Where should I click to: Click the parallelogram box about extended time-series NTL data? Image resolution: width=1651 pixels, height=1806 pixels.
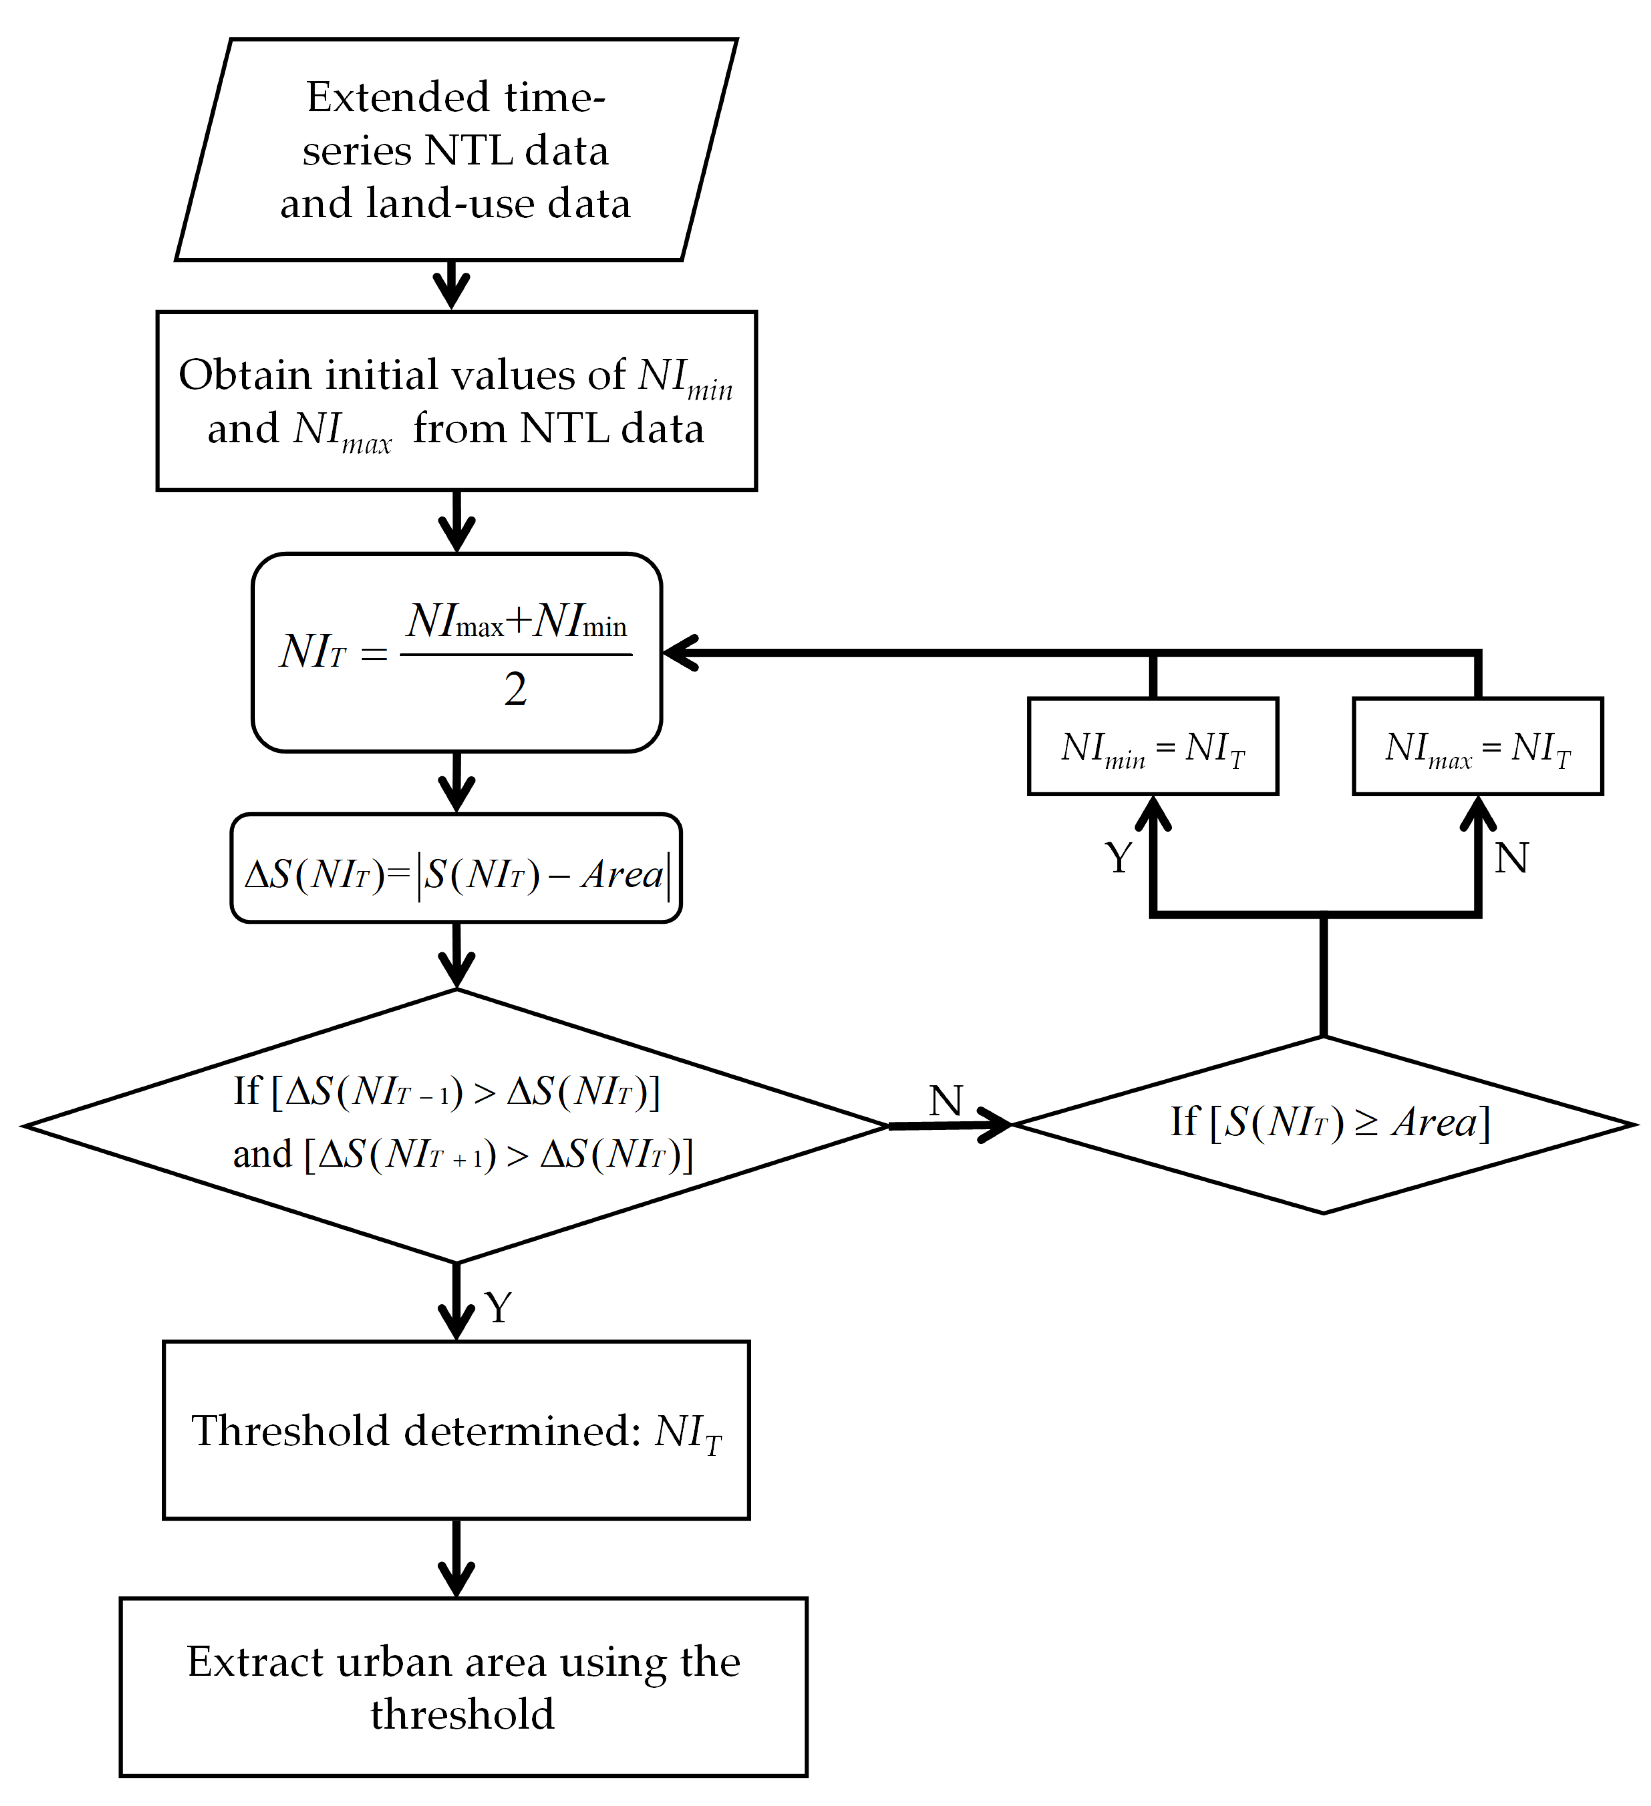[456, 150]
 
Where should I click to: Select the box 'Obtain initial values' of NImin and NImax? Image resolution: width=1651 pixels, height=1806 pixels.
[456, 401]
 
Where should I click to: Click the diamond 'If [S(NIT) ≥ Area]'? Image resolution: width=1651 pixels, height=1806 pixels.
[1323, 1124]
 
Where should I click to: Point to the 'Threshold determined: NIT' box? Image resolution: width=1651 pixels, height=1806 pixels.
[456, 1430]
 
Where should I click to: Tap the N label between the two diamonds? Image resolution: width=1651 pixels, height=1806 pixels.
[946, 1101]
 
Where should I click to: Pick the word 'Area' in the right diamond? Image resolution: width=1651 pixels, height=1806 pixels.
[1433, 1122]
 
